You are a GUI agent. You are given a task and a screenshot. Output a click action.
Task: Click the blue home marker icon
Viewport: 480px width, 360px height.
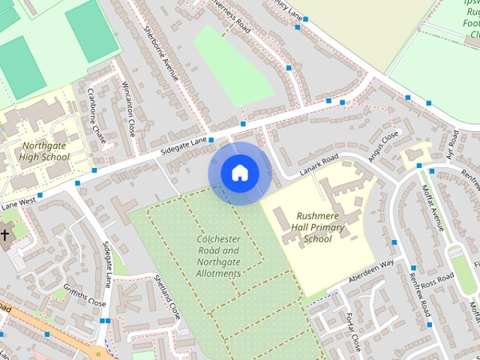(x=239, y=173)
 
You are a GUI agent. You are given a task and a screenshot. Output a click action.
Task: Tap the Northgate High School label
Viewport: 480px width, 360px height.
(x=45, y=151)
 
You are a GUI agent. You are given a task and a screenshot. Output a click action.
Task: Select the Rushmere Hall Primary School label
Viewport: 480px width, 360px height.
(x=319, y=226)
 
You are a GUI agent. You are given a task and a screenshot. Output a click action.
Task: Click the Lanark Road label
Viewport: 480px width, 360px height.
(x=320, y=163)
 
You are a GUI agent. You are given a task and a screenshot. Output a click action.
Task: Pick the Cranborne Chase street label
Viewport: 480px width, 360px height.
(x=97, y=119)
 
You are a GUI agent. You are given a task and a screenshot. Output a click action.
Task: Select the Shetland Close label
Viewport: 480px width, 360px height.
(x=168, y=296)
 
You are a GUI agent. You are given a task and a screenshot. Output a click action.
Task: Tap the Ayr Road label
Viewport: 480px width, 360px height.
(x=452, y=144)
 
